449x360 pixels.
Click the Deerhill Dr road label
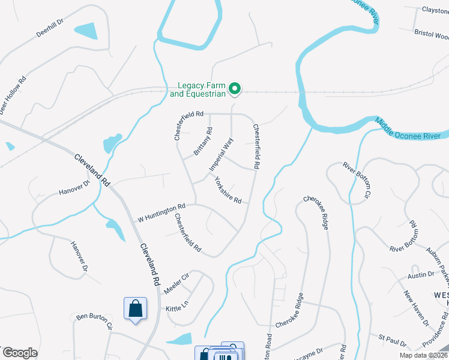pos(50,27)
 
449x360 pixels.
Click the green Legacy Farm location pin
pos(236,89)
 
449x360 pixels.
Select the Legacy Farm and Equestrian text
pos(197,89)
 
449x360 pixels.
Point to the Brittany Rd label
pos(203,142)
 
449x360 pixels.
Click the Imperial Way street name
pos(221,155)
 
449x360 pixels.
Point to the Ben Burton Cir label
pos(94,321)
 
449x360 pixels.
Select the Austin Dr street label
pos(421,275)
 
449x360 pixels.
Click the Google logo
pos(20,353)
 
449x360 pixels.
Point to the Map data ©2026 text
pos(423,355)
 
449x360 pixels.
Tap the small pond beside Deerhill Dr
pos(86,31)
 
